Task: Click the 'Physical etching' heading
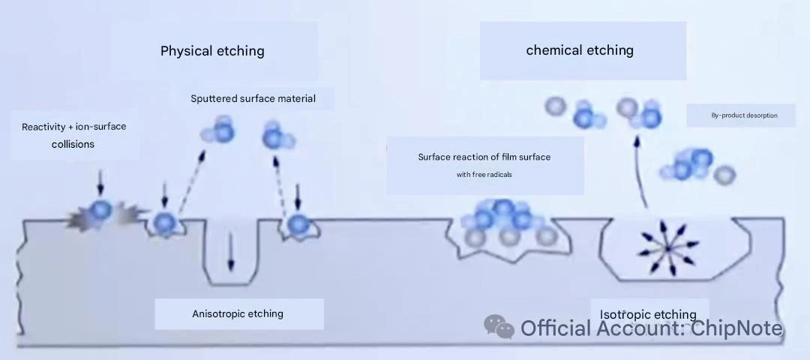click(212, 50)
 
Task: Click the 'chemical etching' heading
click(580, 50)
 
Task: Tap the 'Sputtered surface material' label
click(253, 98)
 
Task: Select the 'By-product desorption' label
click(745, 115)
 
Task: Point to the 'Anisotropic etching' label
click(238, 313)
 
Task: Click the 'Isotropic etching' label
click(648, 314)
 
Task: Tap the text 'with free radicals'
click(484, 175)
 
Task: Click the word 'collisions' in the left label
click(73, 144)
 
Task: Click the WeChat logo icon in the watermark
click(499, 327)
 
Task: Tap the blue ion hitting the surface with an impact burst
click(100, 210)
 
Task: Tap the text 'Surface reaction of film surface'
click(484, 157)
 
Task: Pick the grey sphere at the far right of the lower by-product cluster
click(724, 175)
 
